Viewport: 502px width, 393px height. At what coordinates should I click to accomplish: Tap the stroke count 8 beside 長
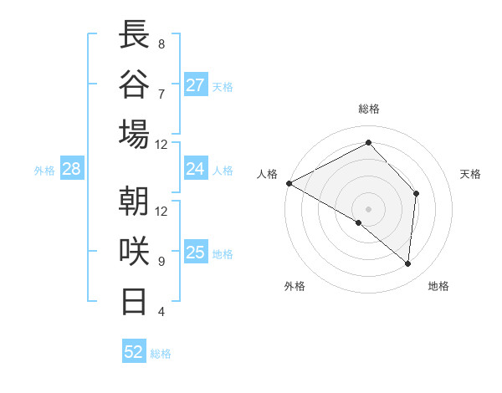pos(161,43)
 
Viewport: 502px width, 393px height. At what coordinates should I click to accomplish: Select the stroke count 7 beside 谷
pos(161,94)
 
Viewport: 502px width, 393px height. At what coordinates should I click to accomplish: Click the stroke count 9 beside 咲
pos(161,261)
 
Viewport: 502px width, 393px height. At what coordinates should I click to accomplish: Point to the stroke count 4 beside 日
pos(161,312)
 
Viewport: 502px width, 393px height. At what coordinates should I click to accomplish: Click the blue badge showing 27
pos(196,85)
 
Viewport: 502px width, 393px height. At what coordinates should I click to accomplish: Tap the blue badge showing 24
pos(196,169)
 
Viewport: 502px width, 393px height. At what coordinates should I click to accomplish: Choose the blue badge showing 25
pos(196,253)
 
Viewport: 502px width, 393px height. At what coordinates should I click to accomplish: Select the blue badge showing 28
pos(72,169)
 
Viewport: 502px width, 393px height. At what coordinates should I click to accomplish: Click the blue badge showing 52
pos(134,352)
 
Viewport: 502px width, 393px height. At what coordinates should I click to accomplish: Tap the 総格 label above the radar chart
pos(368,109)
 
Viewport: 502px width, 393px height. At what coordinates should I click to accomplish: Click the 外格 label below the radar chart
pos(295,287)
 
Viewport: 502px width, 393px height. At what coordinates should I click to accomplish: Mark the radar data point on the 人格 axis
pos(289,183)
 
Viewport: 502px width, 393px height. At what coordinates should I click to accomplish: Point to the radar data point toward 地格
pos(407,264)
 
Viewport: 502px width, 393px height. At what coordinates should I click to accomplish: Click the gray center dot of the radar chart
pos(368,209)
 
